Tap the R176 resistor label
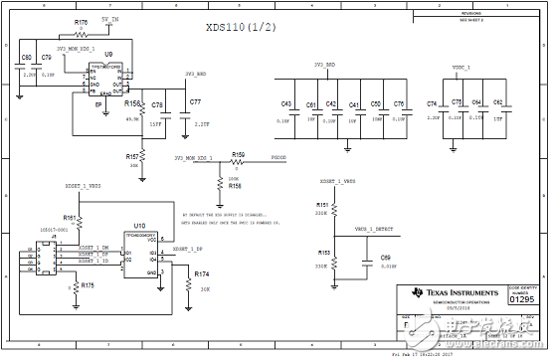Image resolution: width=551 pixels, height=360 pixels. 82,21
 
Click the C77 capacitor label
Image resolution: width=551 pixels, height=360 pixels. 195,102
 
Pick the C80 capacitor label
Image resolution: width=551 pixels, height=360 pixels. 27,58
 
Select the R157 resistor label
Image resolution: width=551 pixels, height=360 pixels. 132,157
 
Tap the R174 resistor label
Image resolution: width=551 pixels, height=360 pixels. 202,272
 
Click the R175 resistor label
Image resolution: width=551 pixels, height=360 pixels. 88,285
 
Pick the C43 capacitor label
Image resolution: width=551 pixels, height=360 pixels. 286,104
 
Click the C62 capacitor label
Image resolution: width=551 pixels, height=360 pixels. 497,103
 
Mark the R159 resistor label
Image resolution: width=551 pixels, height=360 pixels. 238,154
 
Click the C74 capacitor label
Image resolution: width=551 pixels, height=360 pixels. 432,104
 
